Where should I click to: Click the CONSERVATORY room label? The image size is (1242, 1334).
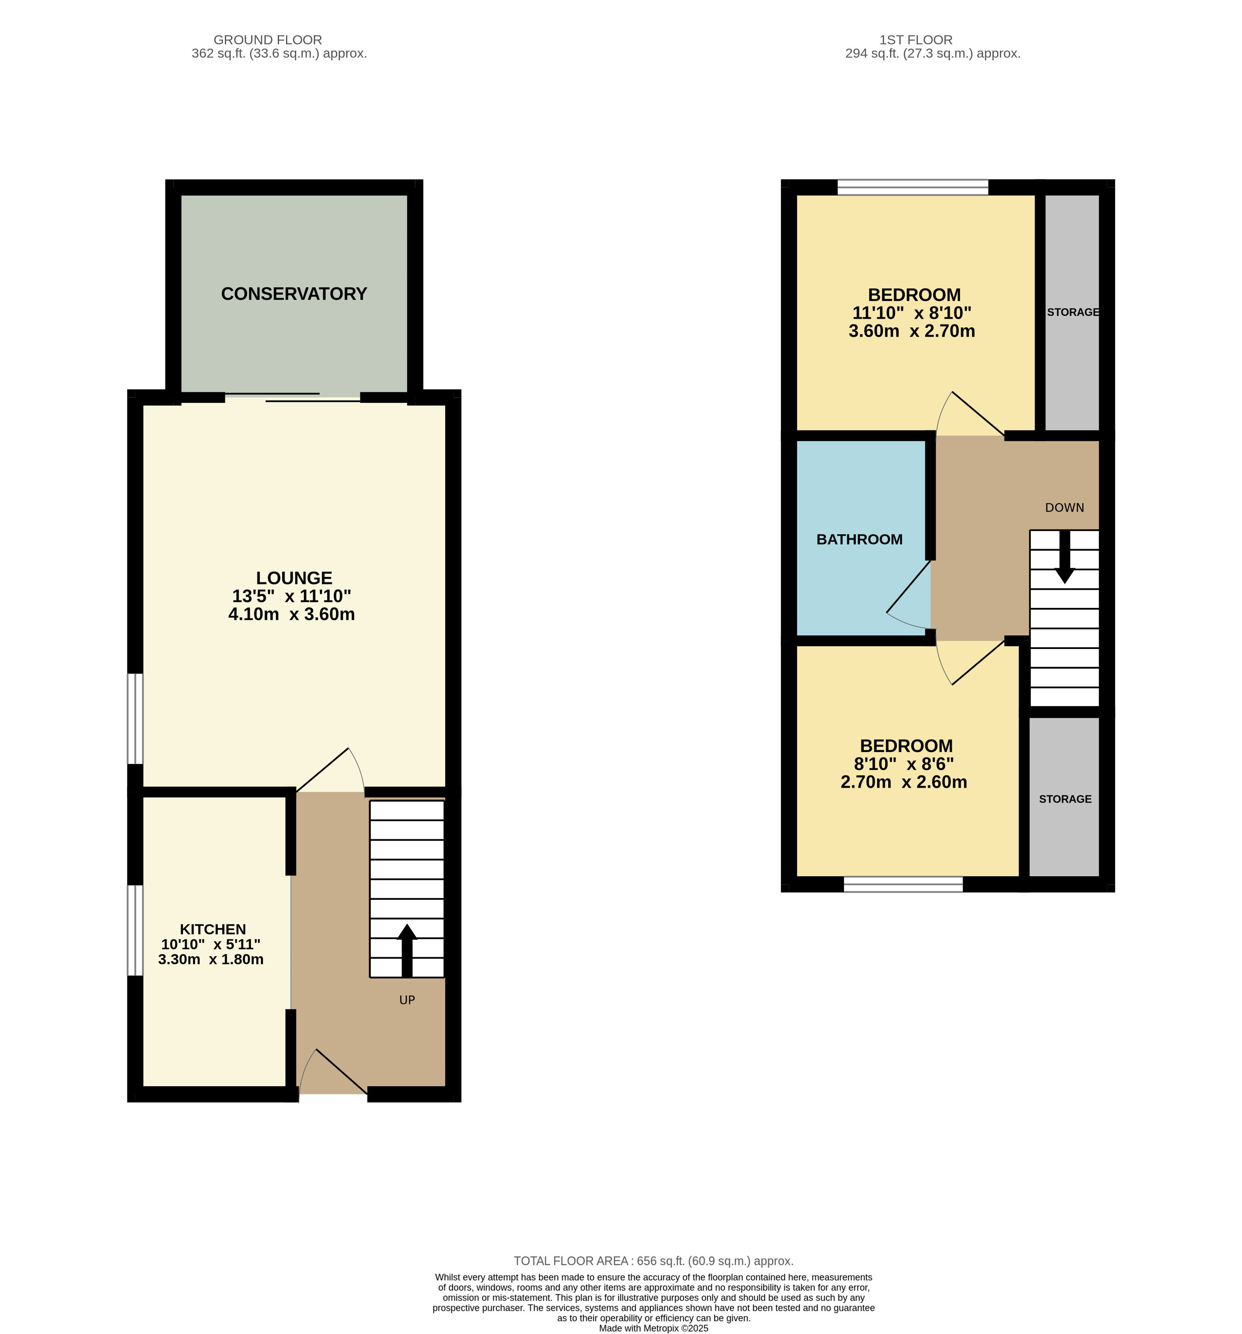294,294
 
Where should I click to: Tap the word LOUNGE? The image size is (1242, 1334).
294,578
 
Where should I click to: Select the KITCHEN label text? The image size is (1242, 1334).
213,929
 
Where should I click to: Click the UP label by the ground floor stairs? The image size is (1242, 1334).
407,1000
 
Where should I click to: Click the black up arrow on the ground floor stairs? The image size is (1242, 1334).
407,950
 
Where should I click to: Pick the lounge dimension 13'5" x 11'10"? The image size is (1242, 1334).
292,596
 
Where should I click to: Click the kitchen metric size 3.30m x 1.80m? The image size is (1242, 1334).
211,960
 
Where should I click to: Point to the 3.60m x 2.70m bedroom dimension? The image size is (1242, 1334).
912,331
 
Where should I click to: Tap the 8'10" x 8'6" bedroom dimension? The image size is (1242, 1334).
904,764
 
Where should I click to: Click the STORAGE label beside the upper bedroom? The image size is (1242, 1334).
1073,312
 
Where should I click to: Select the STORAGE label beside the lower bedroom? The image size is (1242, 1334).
1065,799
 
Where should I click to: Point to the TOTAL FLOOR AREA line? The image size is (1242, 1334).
654,1261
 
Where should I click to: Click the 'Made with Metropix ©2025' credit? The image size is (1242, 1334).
654,1328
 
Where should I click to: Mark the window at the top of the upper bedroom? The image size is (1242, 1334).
912,187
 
